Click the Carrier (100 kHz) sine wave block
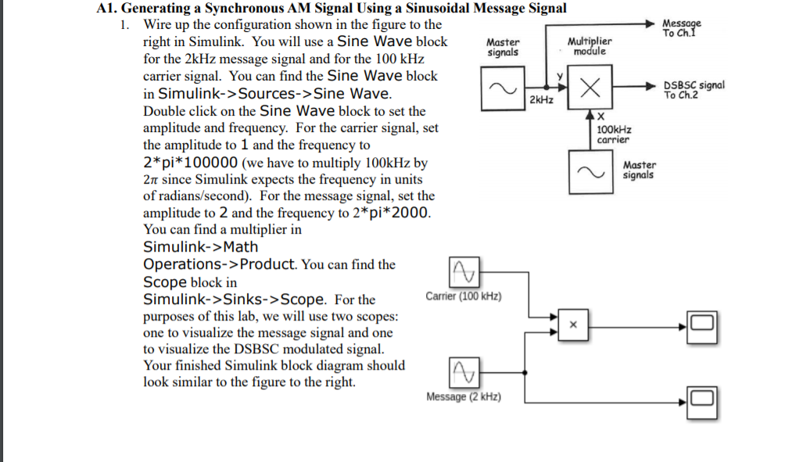tap(464, 271)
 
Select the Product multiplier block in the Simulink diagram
tap(571, 324)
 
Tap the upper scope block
tap(700, 323)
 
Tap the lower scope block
tap(700, 399)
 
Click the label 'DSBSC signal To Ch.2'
tap(693, 90)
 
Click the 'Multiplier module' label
tap(589, 45)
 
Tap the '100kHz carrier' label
tap(614, 134)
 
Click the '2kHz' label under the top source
tap(541, 101)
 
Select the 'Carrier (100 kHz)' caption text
tap(464, 296)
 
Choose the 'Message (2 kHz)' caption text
tap(464, 397)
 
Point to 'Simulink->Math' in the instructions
tap(200, 247)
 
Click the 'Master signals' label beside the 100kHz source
tap(640, 170)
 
